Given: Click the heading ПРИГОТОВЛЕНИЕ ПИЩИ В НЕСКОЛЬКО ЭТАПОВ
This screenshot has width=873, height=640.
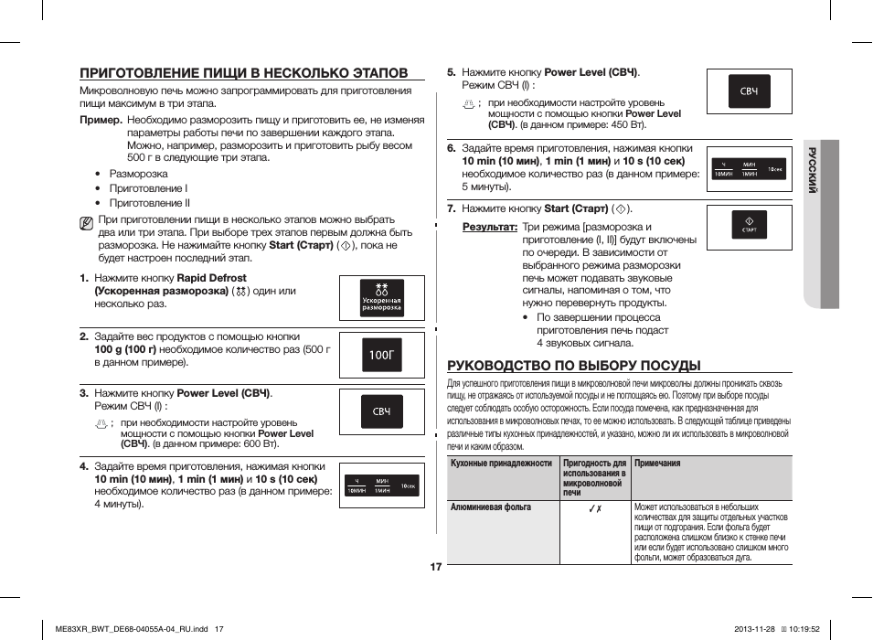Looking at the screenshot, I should pos(243,73).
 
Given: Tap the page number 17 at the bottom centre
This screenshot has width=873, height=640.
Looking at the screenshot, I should pos(436,568).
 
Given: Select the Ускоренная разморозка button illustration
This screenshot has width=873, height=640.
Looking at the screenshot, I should pos(381,299).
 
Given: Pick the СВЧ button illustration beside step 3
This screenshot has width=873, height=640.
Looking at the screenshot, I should pos(381,412).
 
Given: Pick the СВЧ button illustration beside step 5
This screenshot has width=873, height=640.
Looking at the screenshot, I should pos(749,91).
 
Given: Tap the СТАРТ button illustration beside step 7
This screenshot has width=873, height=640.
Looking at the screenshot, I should pos(750,226).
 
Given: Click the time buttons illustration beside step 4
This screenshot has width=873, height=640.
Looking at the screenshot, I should pos(381,485).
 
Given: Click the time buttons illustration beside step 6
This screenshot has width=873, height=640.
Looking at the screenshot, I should pos(749,169).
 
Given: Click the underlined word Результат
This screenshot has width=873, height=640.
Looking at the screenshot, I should pos(489,227).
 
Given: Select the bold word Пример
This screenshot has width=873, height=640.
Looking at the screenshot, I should pos(101,120).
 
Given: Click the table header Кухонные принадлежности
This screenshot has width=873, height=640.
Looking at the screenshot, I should pos(502,464).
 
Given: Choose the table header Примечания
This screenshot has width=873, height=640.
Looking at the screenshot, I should pos(657,464).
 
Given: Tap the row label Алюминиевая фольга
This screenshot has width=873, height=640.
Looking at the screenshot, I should pos(491,507).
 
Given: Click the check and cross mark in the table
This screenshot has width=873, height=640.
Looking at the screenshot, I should pos(594,508).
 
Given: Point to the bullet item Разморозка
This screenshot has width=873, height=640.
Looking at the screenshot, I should pos(138,174).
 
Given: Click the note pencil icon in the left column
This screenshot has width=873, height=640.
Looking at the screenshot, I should pos(86,221).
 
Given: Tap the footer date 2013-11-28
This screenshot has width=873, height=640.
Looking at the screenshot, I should pos(754,628).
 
